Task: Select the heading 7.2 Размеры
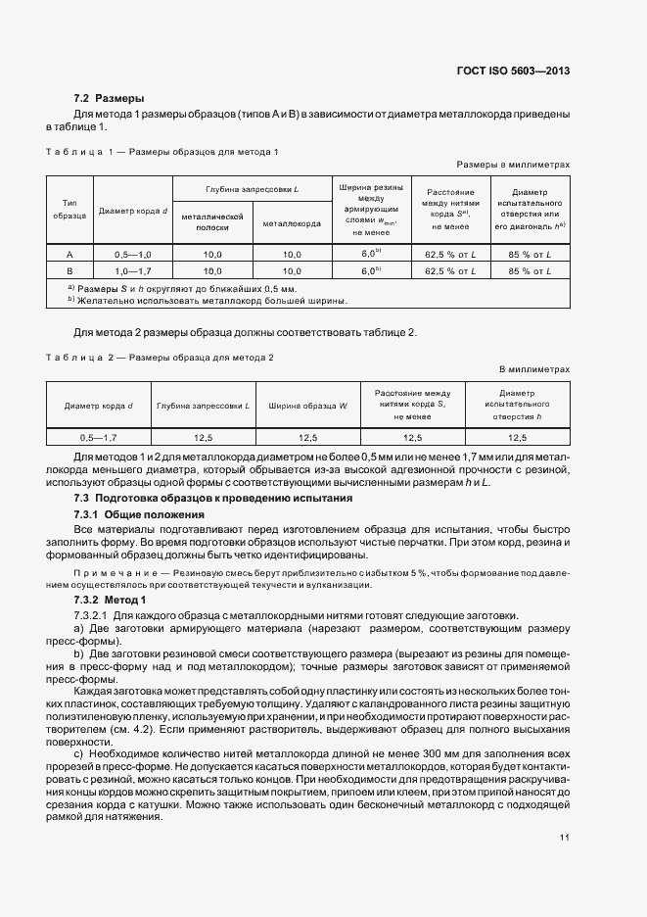tap(110, 98)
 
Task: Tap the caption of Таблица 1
tap(162, 152)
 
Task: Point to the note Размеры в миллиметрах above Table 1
tap(512, 166)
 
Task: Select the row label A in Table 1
tap(70, 254)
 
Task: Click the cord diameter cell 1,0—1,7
tap(131, 269)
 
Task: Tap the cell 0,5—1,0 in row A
tap(131, 254)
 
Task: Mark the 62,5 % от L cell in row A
tap(449, 254)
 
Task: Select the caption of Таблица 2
tap(160, 357)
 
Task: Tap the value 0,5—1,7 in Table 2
tap(98, 437)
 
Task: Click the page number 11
tap(565, 838)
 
